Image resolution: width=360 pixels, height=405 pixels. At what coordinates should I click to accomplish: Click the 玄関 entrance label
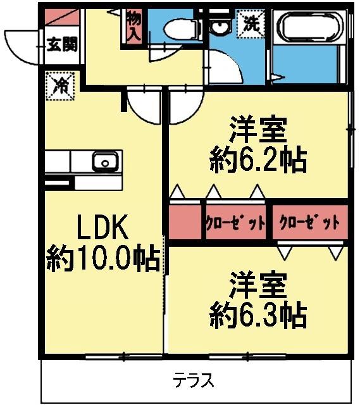pyautogui.click(x=62, y=46)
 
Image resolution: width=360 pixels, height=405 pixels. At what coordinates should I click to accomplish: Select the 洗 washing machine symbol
pyautogui.click(x=251, y=26)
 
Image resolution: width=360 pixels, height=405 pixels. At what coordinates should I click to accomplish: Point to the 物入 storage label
pyautogui.click(x=133, y=27)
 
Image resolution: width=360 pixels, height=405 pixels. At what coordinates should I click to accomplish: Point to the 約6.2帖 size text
pyautogui.click(x=258, y=161)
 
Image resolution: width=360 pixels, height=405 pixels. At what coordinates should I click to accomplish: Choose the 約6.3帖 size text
pyautogui.click(x=258, y=315)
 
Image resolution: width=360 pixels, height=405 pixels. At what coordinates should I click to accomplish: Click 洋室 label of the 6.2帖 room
pyautogui.click(x=258, y=131)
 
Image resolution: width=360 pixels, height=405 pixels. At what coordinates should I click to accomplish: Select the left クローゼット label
pyautogui.click(x=235, y=223)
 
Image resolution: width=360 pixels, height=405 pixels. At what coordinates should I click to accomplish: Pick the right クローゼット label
pyautogui.click(x=309, y=223)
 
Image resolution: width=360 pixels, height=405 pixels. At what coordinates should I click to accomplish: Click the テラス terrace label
pyautogui.click(x=194, y=381)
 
